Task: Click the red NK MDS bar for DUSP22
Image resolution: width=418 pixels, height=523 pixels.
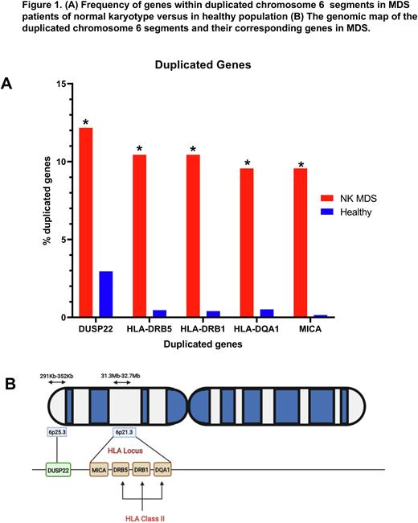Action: (85, 222)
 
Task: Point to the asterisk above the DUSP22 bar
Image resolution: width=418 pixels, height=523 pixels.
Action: (85, 123)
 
